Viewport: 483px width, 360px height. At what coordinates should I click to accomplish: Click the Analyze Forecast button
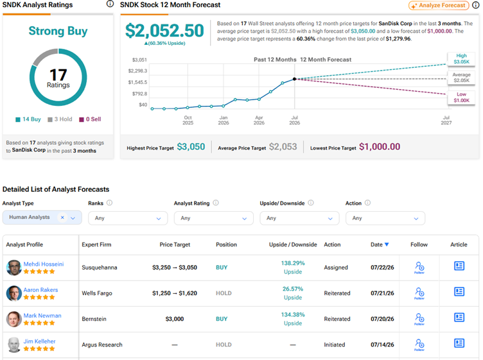point(439,5)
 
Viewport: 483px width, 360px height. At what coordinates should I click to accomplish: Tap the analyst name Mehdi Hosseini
point(44,264)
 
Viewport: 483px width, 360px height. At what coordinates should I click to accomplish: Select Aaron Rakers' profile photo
point(14,293)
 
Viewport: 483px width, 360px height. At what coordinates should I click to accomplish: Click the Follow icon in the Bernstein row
point(419,319)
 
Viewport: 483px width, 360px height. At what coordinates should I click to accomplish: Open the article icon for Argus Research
point(459,343)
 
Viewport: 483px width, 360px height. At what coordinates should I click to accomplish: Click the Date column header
point(380,244)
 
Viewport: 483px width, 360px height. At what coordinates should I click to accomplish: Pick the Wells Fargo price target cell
point(175,293)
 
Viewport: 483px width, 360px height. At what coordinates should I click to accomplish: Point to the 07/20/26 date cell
point(382,319)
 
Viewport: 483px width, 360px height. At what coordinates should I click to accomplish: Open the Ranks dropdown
point(128,218)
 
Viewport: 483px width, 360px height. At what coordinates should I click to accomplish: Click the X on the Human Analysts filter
point(62,218)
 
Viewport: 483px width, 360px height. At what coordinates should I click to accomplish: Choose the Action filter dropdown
point(385,218)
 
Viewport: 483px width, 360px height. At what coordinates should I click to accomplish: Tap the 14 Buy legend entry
point(28,119)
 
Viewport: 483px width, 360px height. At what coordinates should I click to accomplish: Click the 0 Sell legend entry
point(91,119)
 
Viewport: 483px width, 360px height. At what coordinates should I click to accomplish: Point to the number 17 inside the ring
point(58,75)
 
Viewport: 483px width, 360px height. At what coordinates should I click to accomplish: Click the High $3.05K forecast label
point(461,59)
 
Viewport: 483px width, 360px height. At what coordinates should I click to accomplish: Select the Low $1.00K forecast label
point(461,98)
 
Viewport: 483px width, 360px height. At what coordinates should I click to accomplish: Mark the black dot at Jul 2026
point(294,79)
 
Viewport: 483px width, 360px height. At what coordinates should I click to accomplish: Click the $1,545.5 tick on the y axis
point(137,82)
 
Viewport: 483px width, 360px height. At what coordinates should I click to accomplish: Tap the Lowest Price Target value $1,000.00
point(380,147)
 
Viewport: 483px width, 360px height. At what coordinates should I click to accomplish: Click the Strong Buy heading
point(58,31)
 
